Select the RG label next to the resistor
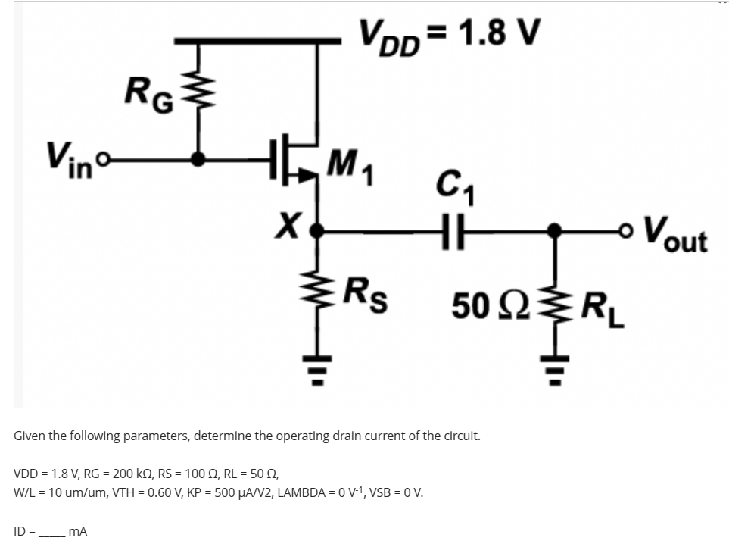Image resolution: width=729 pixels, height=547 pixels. pyautogui.click(x=150, y=97)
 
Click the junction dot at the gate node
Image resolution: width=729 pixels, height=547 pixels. pyautogui.click(x=199, y=159)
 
